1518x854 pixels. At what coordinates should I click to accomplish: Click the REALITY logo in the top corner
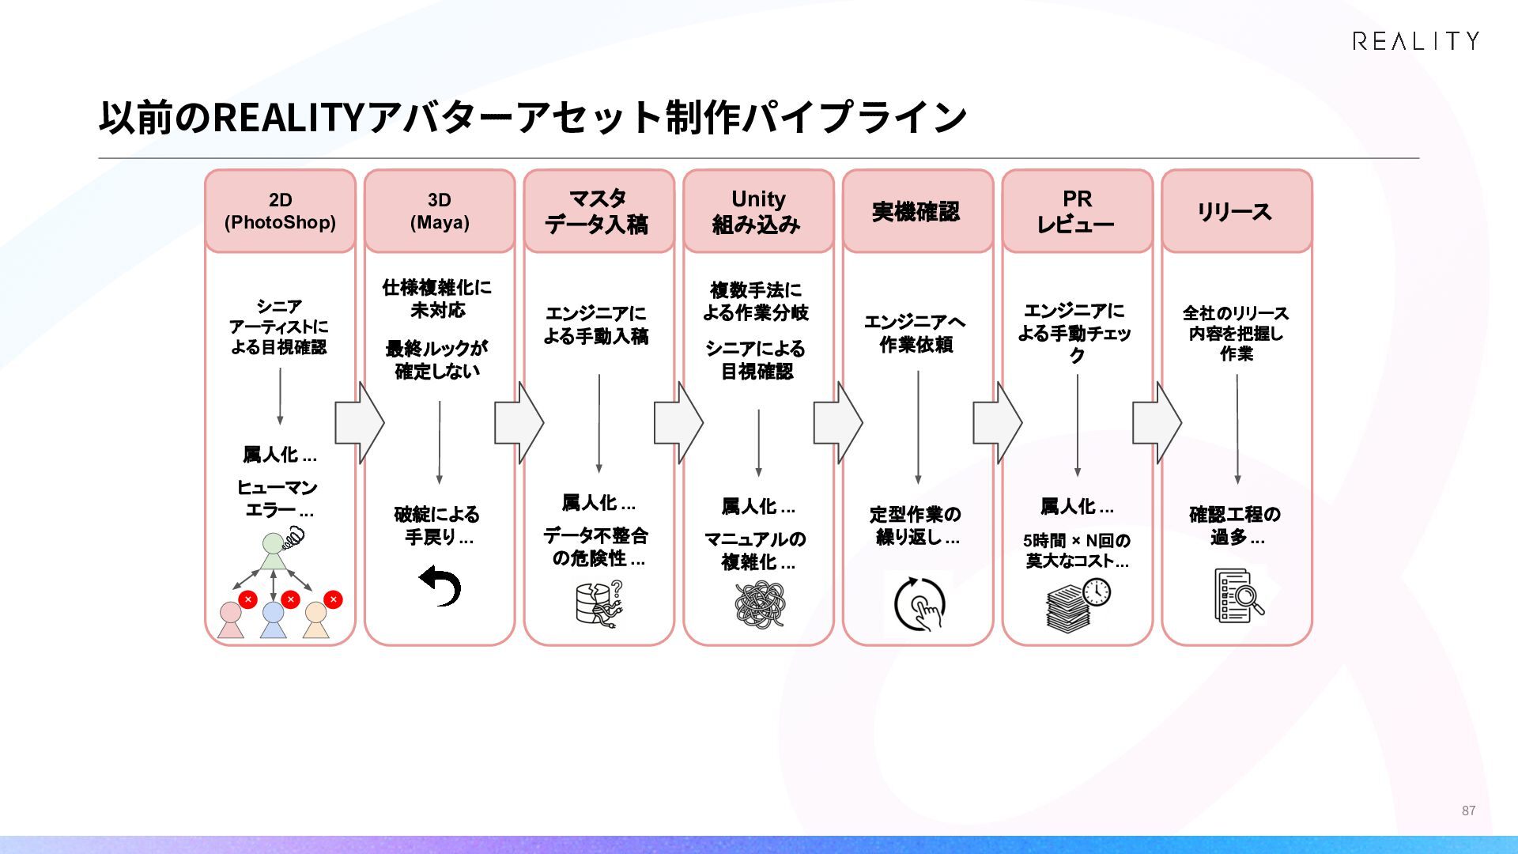[1415, 41]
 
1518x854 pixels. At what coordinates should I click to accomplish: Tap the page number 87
[1468, 811]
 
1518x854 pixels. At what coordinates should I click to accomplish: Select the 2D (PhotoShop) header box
[280, 211]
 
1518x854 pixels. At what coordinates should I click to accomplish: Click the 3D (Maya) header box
[440, 211]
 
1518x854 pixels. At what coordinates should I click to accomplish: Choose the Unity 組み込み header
[758, 211]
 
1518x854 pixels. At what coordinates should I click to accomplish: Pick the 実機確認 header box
[918, 211]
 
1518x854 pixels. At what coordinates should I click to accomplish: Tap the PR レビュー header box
[1078, 211]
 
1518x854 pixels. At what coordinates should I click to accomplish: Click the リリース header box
[1237, 211]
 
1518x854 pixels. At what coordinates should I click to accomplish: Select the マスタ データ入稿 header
[599, 211]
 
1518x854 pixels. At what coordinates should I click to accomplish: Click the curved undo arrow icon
[440, 585]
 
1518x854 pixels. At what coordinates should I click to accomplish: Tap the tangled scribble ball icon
[760, 605]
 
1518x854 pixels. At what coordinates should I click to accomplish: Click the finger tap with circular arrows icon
[919, 604]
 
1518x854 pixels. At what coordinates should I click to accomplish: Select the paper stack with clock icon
[1078, 605]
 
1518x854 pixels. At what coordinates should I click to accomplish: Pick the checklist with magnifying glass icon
[1238, 595]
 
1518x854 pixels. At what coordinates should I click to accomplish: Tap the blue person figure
[273, 620]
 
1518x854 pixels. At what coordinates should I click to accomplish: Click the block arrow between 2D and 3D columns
[360, 423]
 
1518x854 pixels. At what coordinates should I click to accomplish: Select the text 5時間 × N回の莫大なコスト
[1077, 550]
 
